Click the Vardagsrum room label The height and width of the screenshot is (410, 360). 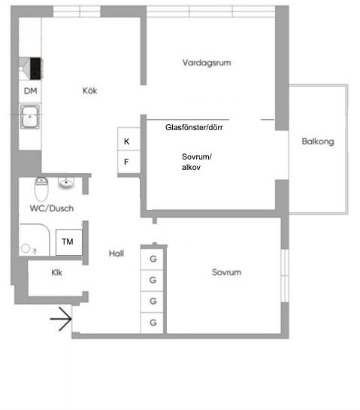click(206, 62)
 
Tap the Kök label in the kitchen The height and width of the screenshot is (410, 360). click(90, 91)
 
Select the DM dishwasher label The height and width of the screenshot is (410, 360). click(30, 91)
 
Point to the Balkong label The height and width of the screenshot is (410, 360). click(318, 141)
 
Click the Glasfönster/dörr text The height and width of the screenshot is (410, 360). click(195, 128)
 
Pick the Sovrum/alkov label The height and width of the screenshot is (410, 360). click(197, 162)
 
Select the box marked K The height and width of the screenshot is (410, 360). click(126, 141)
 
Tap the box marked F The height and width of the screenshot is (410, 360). click(126, 162)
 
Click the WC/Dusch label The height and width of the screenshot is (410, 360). click(51, 208)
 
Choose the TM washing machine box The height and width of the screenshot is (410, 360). click(68, 241)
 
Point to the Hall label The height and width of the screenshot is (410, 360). click(116, 254)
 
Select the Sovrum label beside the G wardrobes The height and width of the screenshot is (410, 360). click(226, 272)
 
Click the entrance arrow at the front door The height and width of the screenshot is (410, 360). click(60, 321)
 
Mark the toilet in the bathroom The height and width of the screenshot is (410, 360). click(42, 186)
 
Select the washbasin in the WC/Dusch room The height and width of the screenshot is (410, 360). click(67, 184)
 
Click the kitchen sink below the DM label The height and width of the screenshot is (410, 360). click(31, 117)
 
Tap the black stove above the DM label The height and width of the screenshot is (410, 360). click(34, 68)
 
